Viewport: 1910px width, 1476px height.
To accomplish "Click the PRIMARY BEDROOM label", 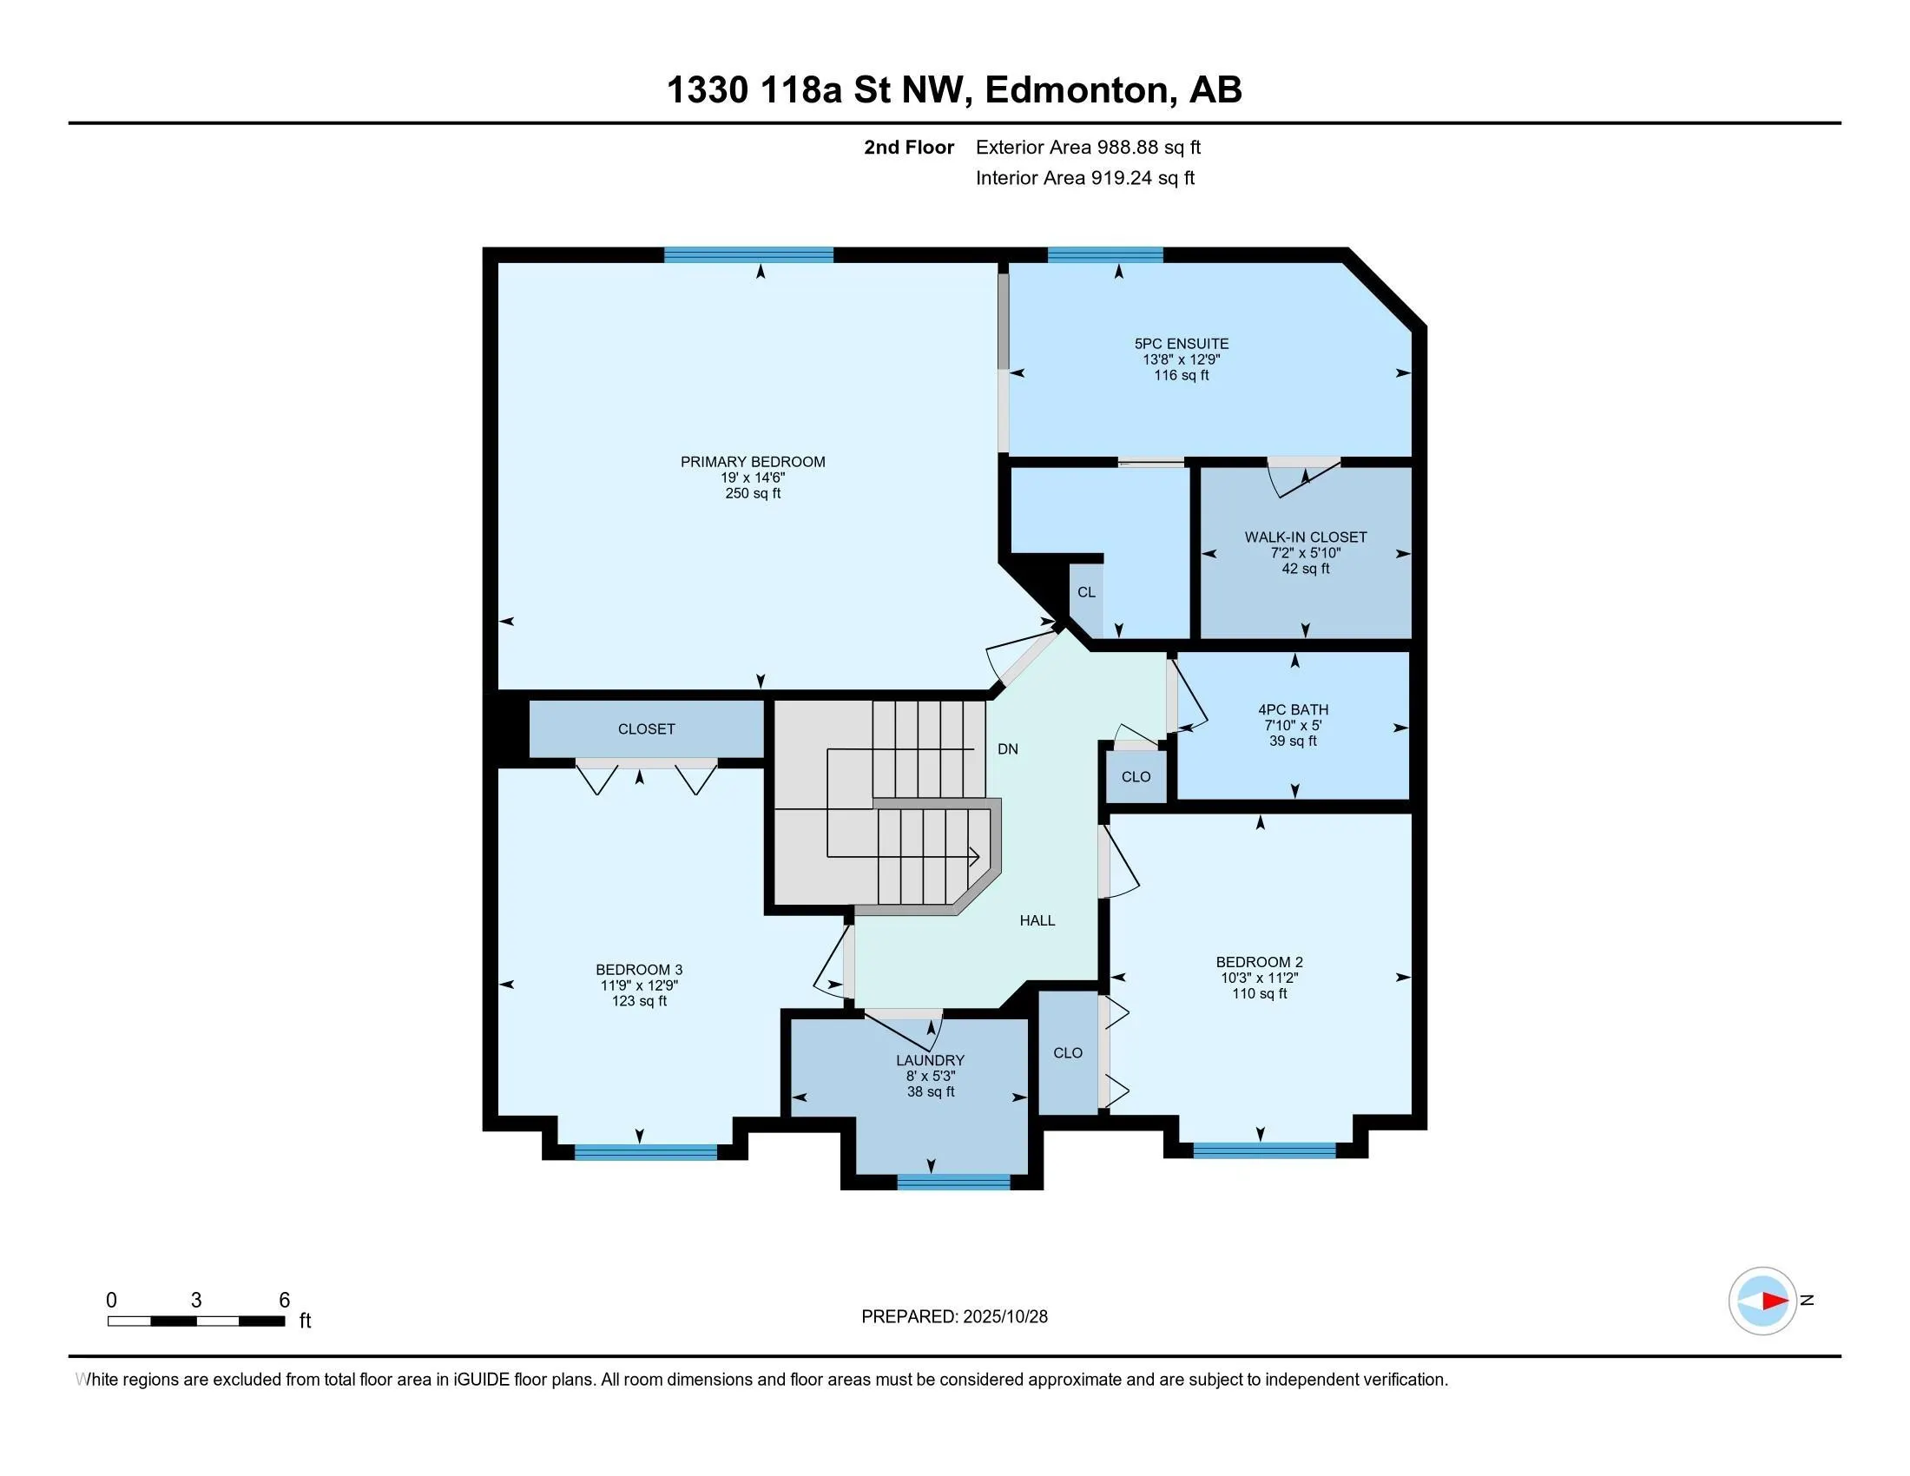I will pos(752,462).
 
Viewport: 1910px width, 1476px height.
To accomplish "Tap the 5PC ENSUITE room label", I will pos(1181,344).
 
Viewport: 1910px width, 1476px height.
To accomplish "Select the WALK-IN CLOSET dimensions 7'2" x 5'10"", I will pos(1305,552).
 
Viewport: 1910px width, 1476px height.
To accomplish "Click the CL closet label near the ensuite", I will pos(1086,592).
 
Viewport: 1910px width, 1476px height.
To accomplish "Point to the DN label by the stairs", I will pos(1007,749).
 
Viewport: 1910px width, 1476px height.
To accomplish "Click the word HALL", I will pos(1037,919).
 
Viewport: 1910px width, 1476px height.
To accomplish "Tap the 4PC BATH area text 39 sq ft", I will pos(1293,741).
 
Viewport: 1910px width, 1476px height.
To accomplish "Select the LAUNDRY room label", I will pos(930,1061).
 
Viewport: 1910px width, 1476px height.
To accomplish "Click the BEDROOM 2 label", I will pos(1259,962).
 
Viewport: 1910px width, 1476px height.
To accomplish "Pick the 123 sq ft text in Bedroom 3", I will pos(638,1001).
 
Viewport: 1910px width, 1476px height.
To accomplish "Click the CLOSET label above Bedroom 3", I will pos(646,729).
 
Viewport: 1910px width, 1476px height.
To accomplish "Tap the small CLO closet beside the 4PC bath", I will pos(1136,777).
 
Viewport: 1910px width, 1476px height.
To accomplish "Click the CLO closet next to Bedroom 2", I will pos(1068,1053).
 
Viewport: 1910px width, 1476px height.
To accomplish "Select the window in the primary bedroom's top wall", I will pos(748,255).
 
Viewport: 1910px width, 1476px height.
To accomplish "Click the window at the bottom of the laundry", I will pos(953,1183).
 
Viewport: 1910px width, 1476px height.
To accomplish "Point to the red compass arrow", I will pos(1775,1301).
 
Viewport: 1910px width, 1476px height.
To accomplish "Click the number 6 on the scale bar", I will pos(284,1301).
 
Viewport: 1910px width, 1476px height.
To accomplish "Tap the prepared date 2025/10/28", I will pos(1004,1317).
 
